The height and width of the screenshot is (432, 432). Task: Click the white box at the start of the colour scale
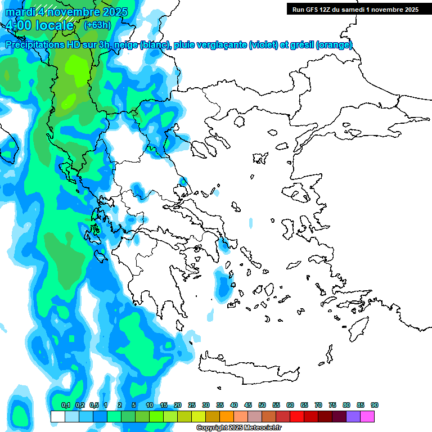pyautogui.click(x=57, y=416)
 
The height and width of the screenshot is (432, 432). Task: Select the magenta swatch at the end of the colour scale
pyautogui.click(x=367, y=416)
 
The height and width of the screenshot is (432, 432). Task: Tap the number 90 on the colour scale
pyautogui.click(x=375, y=406)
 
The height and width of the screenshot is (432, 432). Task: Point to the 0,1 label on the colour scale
pyautogui.click(x=65, y=406)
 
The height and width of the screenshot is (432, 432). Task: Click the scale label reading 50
pyautogui.click(x=262, y=406)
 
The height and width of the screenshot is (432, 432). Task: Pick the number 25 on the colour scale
pyautogui.click(x=192, y=406)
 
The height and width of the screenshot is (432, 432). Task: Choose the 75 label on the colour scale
pyautogui.click(x=332, y=406)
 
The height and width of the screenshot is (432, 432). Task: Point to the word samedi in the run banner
pyautogui.click(x=354, y=10)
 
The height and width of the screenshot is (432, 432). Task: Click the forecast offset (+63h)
pyautogui.click(x=97, y=25)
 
